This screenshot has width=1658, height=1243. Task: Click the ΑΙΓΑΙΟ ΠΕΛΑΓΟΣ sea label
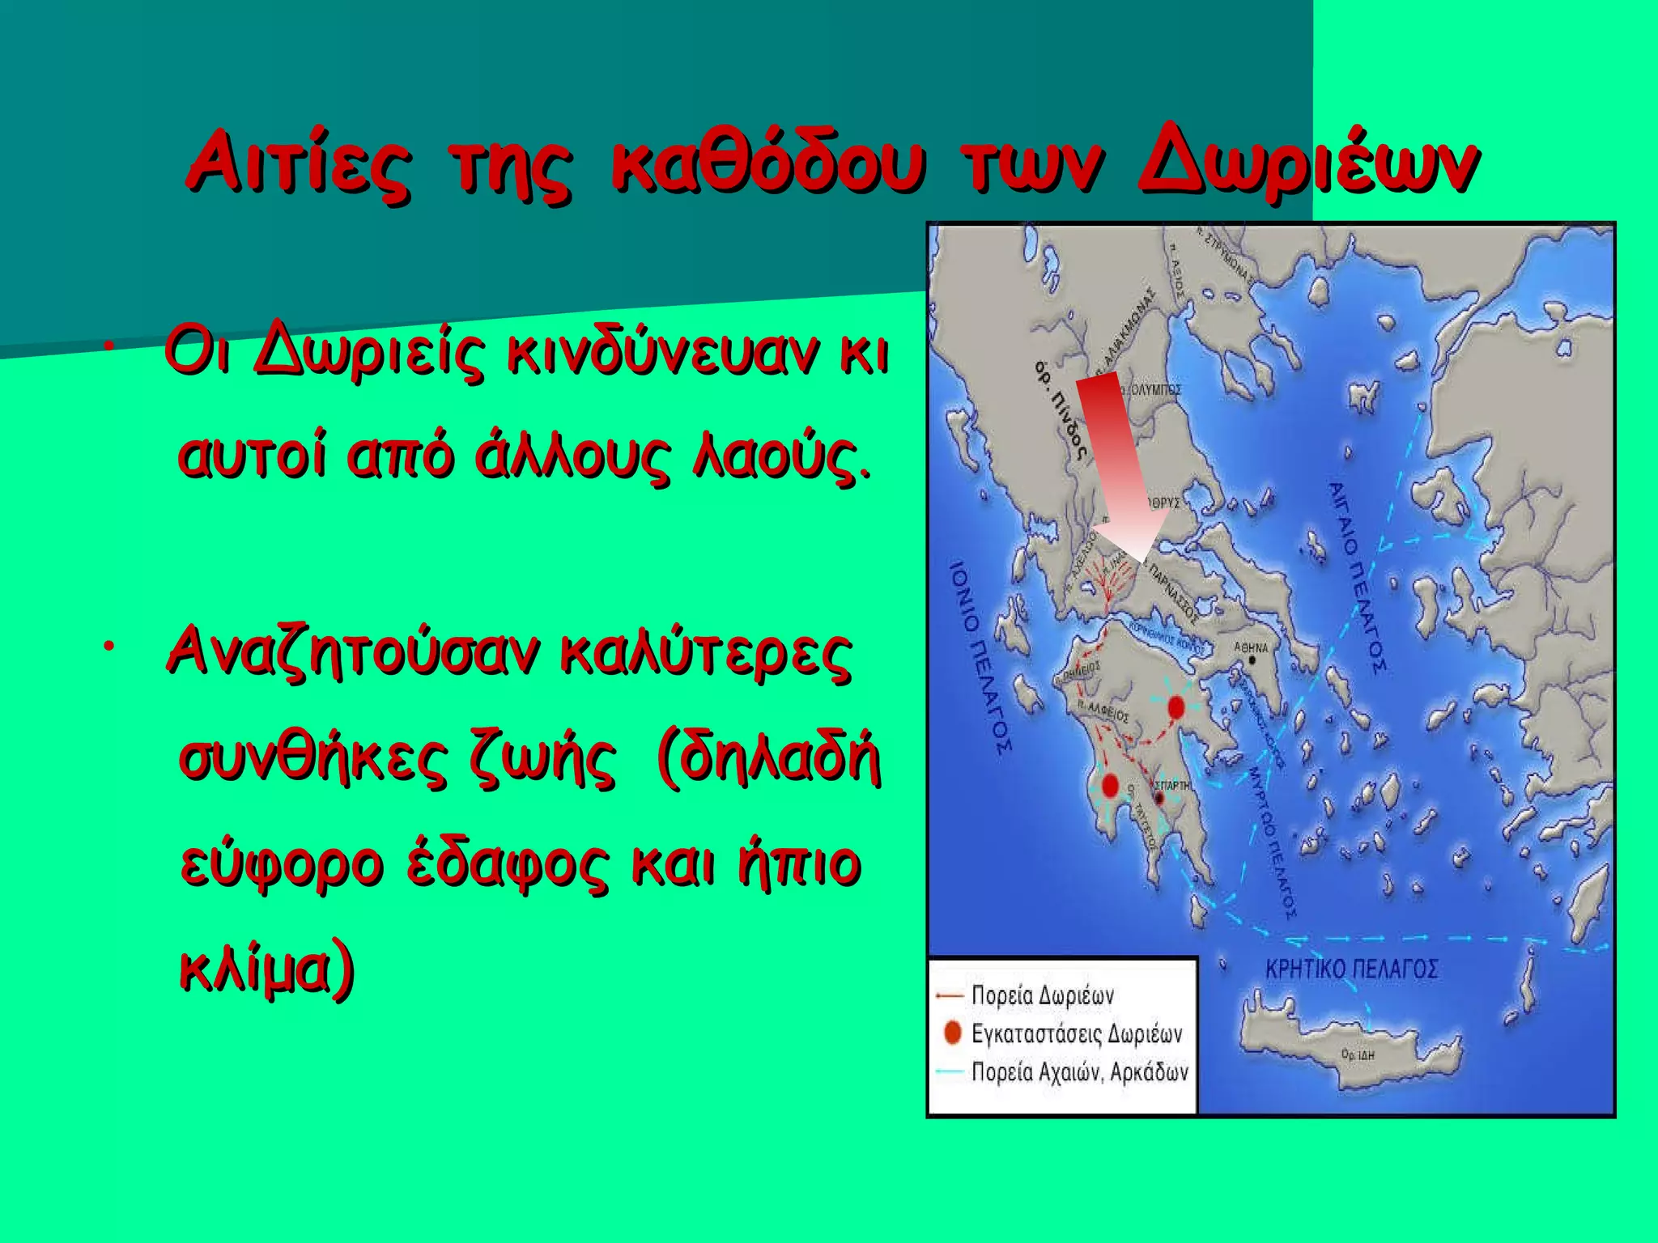[x=1356, y=576]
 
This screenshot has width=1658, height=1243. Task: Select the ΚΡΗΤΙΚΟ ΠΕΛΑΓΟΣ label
[x=1351, y=969]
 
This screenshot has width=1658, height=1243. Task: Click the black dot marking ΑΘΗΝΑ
[x=1252, y=660]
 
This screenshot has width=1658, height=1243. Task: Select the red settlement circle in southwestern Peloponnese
[x=1110, y=785]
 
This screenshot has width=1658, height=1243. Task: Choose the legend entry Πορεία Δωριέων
[x=1042, y=995]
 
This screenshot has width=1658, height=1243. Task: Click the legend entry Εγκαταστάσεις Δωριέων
[x=1076, y=1033]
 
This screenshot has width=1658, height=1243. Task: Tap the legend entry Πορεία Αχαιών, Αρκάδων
[x=1079, y=1072]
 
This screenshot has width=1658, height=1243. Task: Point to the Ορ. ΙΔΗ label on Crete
[x=1358, y=1055]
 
